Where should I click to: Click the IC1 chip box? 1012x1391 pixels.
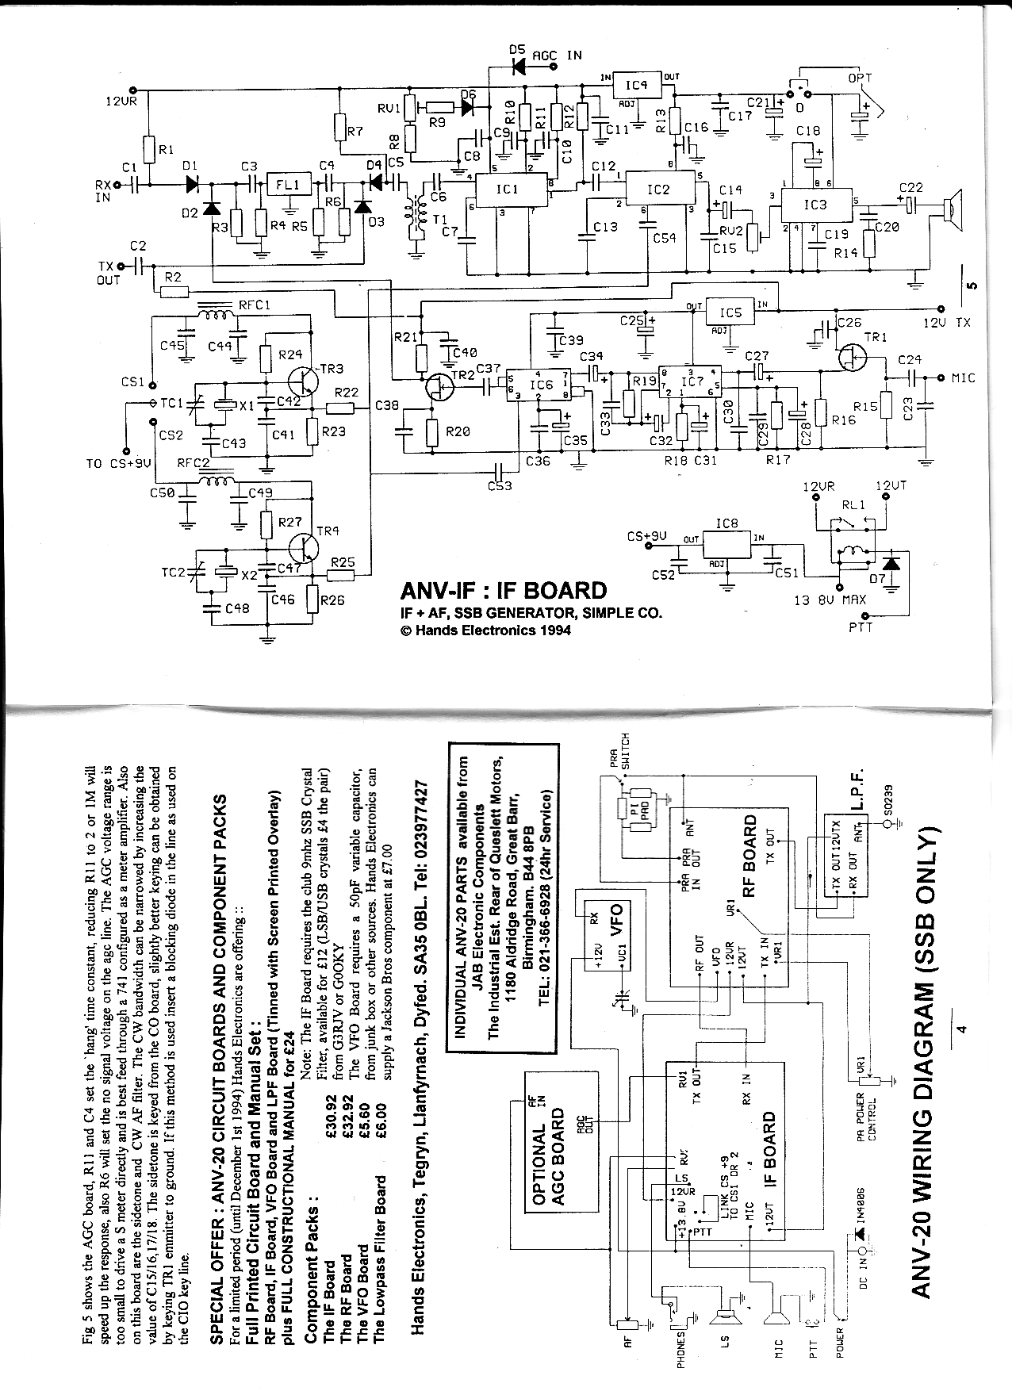pyautogui.click(x=507, y=190)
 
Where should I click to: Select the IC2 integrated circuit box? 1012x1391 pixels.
pyautogui.click(x=658, y=190)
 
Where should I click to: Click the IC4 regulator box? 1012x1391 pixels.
pyautogui.click(x=636, y=85)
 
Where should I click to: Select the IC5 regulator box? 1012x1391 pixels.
pyautogui.click(x=730, y=312)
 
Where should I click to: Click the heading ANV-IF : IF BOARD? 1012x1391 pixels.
pyautogui.click(x=504, y=591)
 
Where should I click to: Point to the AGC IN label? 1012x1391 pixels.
pyautogui.click(x=556, y=56)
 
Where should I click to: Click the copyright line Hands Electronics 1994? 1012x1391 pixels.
pyautogui.click(x=485, y=631)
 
